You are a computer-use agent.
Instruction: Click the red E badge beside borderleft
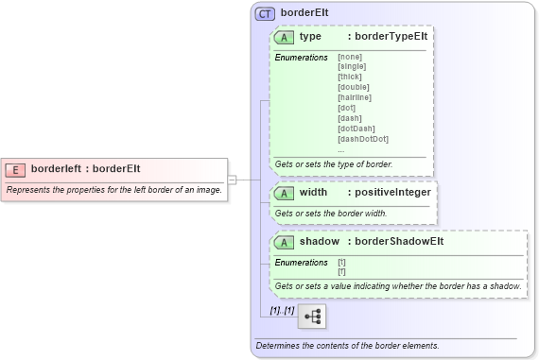point(15,169)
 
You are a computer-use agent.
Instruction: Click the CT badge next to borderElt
point(266,15)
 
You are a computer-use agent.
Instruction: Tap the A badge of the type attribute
point(284,38)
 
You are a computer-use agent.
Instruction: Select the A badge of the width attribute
point(284,193)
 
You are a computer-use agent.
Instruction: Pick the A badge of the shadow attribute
point(284,242)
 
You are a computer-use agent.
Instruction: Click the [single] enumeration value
point(352,66)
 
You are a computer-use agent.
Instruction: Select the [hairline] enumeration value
point(354,97)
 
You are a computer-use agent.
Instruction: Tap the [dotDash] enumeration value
point(356,129)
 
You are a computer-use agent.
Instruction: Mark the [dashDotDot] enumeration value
point(362,139)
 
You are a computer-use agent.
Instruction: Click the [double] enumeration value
point(353,87)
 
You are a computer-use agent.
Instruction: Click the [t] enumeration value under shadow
point(341,262)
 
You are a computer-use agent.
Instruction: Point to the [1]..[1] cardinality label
point(282,310)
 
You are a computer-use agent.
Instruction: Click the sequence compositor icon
point(311,316)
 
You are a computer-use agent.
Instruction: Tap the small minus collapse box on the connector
point(232,179)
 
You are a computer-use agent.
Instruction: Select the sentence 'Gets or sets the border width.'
point(331,214)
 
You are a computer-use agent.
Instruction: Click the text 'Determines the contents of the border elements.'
point(347,346)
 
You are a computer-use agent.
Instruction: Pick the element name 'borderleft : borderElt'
point(85,169)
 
